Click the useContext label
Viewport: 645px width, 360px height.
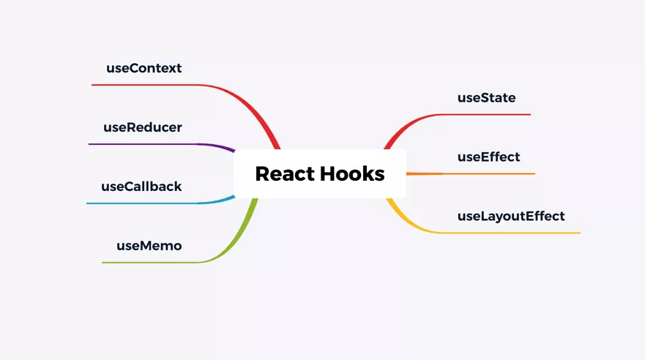coord(143,68)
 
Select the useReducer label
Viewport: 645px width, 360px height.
coord(142,127)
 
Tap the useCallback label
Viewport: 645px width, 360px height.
coord(141,187)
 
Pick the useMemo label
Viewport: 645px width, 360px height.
coord(149,246)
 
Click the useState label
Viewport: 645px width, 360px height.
coord(486,97)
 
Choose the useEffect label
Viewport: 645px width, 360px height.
coord(488,157)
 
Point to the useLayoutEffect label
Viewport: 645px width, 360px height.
coord(511,216)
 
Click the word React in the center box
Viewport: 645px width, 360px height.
coord(284,173)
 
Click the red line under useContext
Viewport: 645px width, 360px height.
coord(146,85)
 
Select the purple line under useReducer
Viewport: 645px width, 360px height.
coord(146,144)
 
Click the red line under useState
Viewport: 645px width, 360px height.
coord(483,114)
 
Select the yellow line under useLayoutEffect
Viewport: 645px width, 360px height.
coord(512,233)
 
